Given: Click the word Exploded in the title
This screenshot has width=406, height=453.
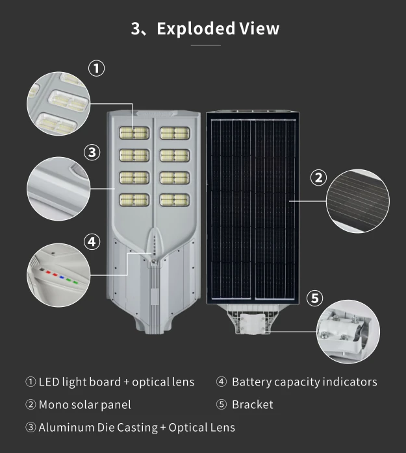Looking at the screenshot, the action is coord(196,29).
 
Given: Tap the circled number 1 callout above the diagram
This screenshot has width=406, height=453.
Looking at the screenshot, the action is coord(96,68).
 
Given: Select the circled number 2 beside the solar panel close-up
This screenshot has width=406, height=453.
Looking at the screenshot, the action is coord(318,177).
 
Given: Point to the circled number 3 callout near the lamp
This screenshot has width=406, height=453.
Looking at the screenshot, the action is coord(92,153).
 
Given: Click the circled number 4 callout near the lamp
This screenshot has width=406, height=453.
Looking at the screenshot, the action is coord(92,241).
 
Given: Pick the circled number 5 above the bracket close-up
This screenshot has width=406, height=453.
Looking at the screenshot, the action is coord(314,298).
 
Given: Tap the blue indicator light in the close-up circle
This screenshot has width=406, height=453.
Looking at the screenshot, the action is coord(62,277).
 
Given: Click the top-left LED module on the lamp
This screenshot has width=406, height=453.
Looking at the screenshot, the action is coord(134,133).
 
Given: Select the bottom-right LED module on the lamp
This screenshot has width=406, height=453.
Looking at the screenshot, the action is coord(175,200).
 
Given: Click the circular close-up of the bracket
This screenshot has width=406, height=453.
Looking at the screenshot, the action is coord(348,332).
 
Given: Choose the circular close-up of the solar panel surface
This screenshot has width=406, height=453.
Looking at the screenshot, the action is coord(358,201).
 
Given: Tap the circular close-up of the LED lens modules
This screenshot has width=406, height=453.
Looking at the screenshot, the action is coord(58,104).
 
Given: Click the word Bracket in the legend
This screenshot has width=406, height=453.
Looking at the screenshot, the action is coord(253,404).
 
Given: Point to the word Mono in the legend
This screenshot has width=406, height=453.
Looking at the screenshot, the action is coord(53,404).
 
